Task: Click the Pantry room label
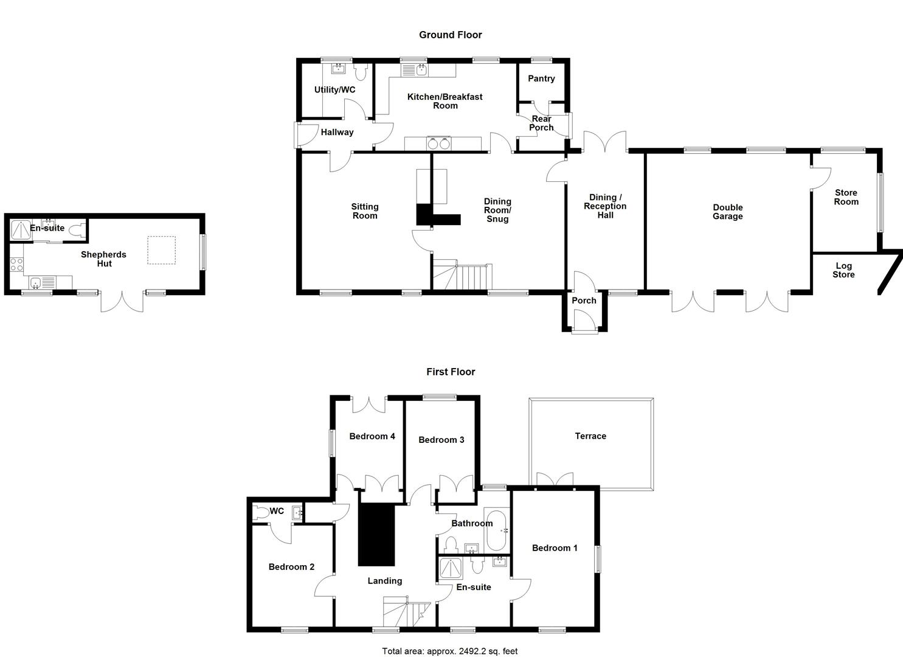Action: pos(541,78)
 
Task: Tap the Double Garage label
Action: pos(727,212)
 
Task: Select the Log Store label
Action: pos(843,270)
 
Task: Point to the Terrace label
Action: pos(590,436)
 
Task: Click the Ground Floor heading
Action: pos(450,35)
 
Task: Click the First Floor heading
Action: pos(450,372)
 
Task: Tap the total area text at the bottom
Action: pos(449,651)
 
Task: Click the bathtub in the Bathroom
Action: pos(497,530)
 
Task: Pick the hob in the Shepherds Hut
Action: pos(16,265)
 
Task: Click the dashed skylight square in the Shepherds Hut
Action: pos(162,251)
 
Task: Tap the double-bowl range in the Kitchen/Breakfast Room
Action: pos(438,144)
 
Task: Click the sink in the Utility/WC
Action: pos(338,68)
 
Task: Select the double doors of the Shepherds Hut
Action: pos(122,302)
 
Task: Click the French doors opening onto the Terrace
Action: pos(555,479)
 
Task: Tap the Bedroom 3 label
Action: pos(441,440)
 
